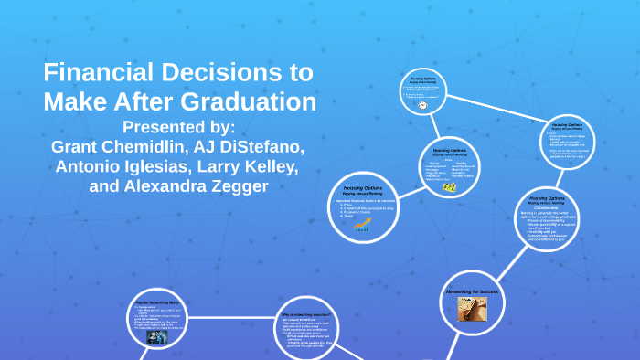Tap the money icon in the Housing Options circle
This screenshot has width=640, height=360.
tap(450, 186)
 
